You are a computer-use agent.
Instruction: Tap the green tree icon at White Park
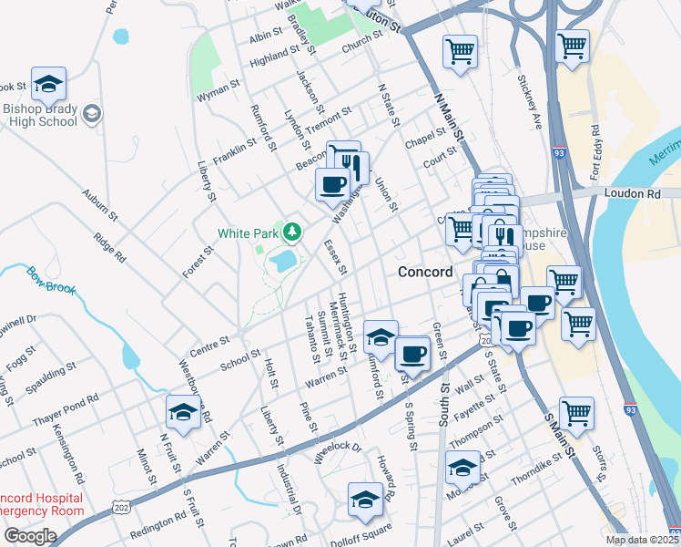coord(292,232)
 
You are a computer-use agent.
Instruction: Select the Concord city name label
coord(424,273)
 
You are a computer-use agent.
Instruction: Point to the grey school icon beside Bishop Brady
coord(91,114)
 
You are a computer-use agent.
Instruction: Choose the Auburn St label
coord(100,205)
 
